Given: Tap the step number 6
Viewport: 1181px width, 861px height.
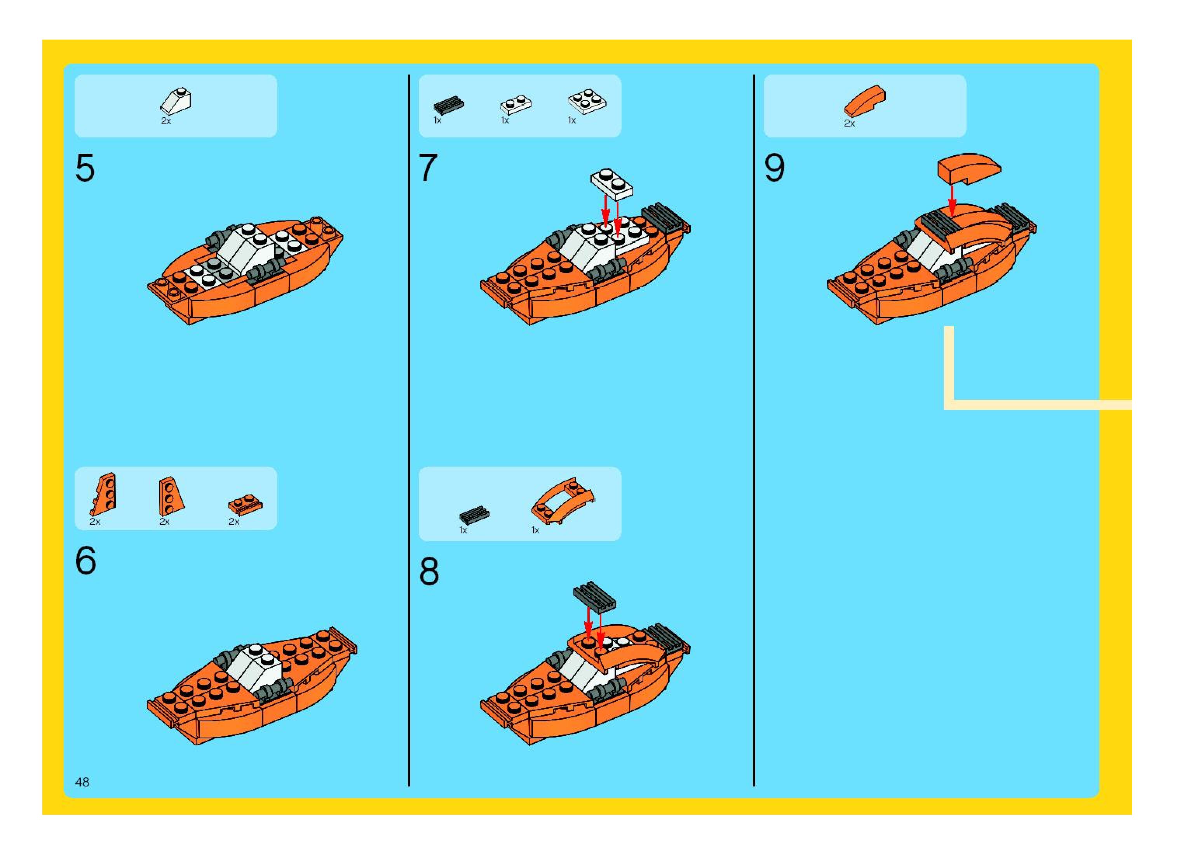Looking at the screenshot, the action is point(85,561).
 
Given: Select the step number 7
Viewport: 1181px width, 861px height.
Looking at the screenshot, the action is point(428,167).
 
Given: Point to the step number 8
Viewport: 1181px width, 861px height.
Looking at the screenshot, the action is point(429,572).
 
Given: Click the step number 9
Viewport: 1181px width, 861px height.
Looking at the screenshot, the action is point(774,168).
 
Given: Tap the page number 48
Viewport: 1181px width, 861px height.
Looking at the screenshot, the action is point(82,782).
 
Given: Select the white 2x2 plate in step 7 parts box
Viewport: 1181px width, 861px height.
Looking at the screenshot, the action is point(587,101).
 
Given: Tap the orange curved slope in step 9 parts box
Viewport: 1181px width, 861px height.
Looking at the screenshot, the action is point(864,101).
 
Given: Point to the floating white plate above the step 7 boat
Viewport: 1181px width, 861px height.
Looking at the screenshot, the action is point(612,184).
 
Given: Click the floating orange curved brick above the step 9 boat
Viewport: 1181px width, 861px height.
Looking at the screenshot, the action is point(969,168).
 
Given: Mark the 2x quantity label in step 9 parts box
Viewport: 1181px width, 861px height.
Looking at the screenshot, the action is point(849,123).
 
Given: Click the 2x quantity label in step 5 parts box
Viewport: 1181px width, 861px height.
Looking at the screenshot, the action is point(166,120).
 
